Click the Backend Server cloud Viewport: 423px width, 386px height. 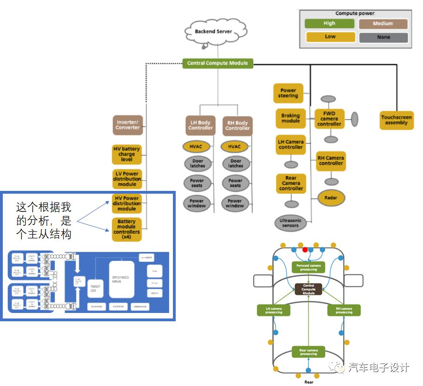point(214,32)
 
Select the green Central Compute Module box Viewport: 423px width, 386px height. point(218,63)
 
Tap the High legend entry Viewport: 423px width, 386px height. point(329,24)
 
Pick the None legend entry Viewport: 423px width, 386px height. point(383,37)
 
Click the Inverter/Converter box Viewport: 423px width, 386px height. point(128,125)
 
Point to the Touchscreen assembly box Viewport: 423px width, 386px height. point(396,120)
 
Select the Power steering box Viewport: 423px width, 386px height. point(288,93)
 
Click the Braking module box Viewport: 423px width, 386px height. point(291,118)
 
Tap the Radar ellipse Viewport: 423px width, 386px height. point(331,198)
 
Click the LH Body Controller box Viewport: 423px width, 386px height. point(200,125)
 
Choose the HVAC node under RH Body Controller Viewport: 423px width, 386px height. point(234,147)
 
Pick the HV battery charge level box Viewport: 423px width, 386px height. point(126,154)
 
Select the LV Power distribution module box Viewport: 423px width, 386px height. point(127,178)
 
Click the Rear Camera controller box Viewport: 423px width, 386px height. point(291,183)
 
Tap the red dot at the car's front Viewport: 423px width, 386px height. point(305,250)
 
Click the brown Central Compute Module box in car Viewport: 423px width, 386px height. point(308,289)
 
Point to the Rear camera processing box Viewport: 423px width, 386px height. point(308,352)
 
